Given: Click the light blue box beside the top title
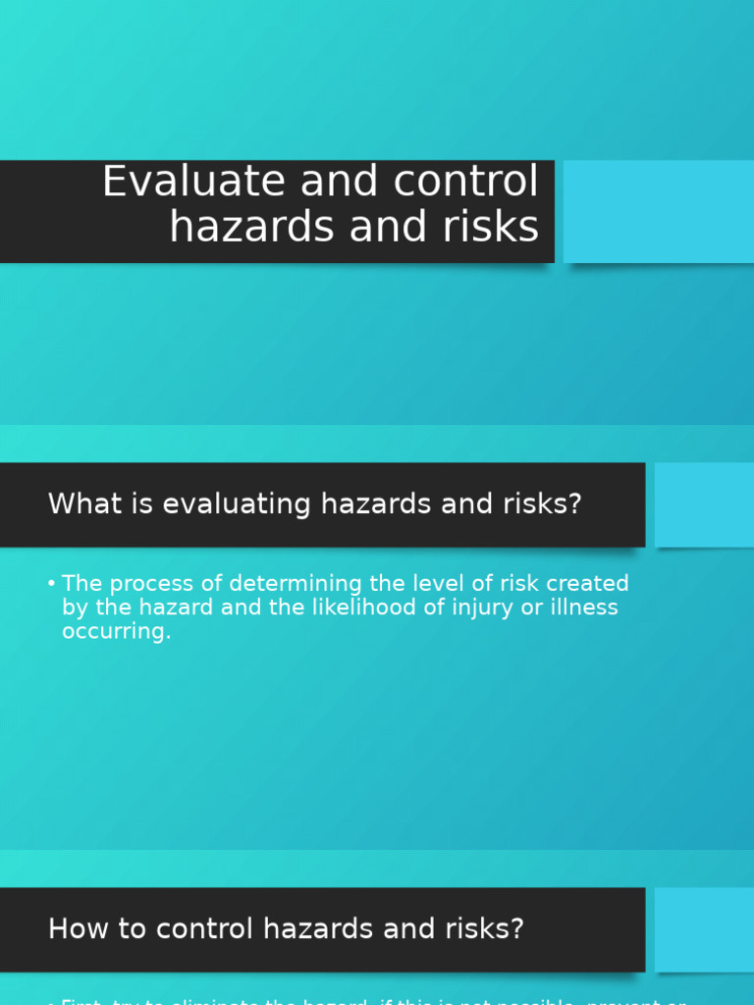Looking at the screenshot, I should pyautogui.click(x=658, y=211).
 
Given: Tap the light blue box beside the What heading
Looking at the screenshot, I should pyautogui.click(x=704, y=504).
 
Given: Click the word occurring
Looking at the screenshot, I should pyautogui.click(x=116, y=632).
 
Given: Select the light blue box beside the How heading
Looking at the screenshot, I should pyautogui.click(x=704, y=929).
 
